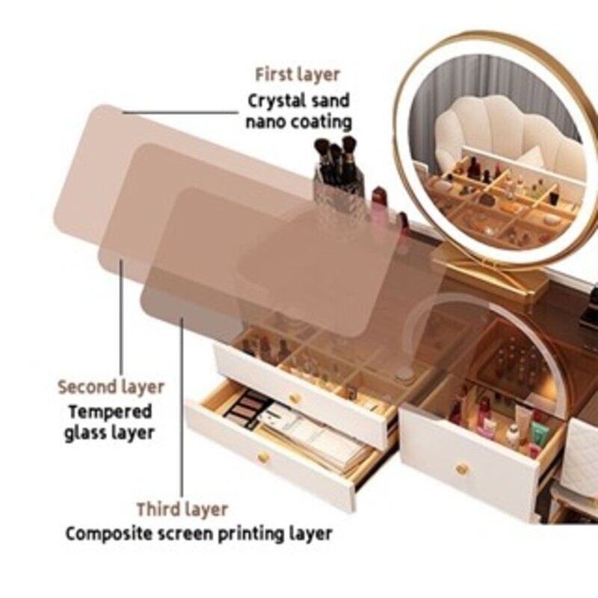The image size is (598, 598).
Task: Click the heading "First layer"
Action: (297, 74)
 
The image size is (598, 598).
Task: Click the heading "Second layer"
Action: (111, 387)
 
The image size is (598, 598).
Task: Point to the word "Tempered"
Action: (110, 412)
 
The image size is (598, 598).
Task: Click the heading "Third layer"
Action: (182, 510)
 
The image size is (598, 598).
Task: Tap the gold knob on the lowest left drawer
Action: (263, 457)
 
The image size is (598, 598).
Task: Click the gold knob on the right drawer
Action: (462, 469)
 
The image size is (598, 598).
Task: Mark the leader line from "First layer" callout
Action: (180, 113)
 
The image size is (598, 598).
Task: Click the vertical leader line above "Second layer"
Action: (121, 317)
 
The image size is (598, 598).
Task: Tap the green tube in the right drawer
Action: (540, 434)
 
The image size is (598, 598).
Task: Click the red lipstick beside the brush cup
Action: (379, 202)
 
